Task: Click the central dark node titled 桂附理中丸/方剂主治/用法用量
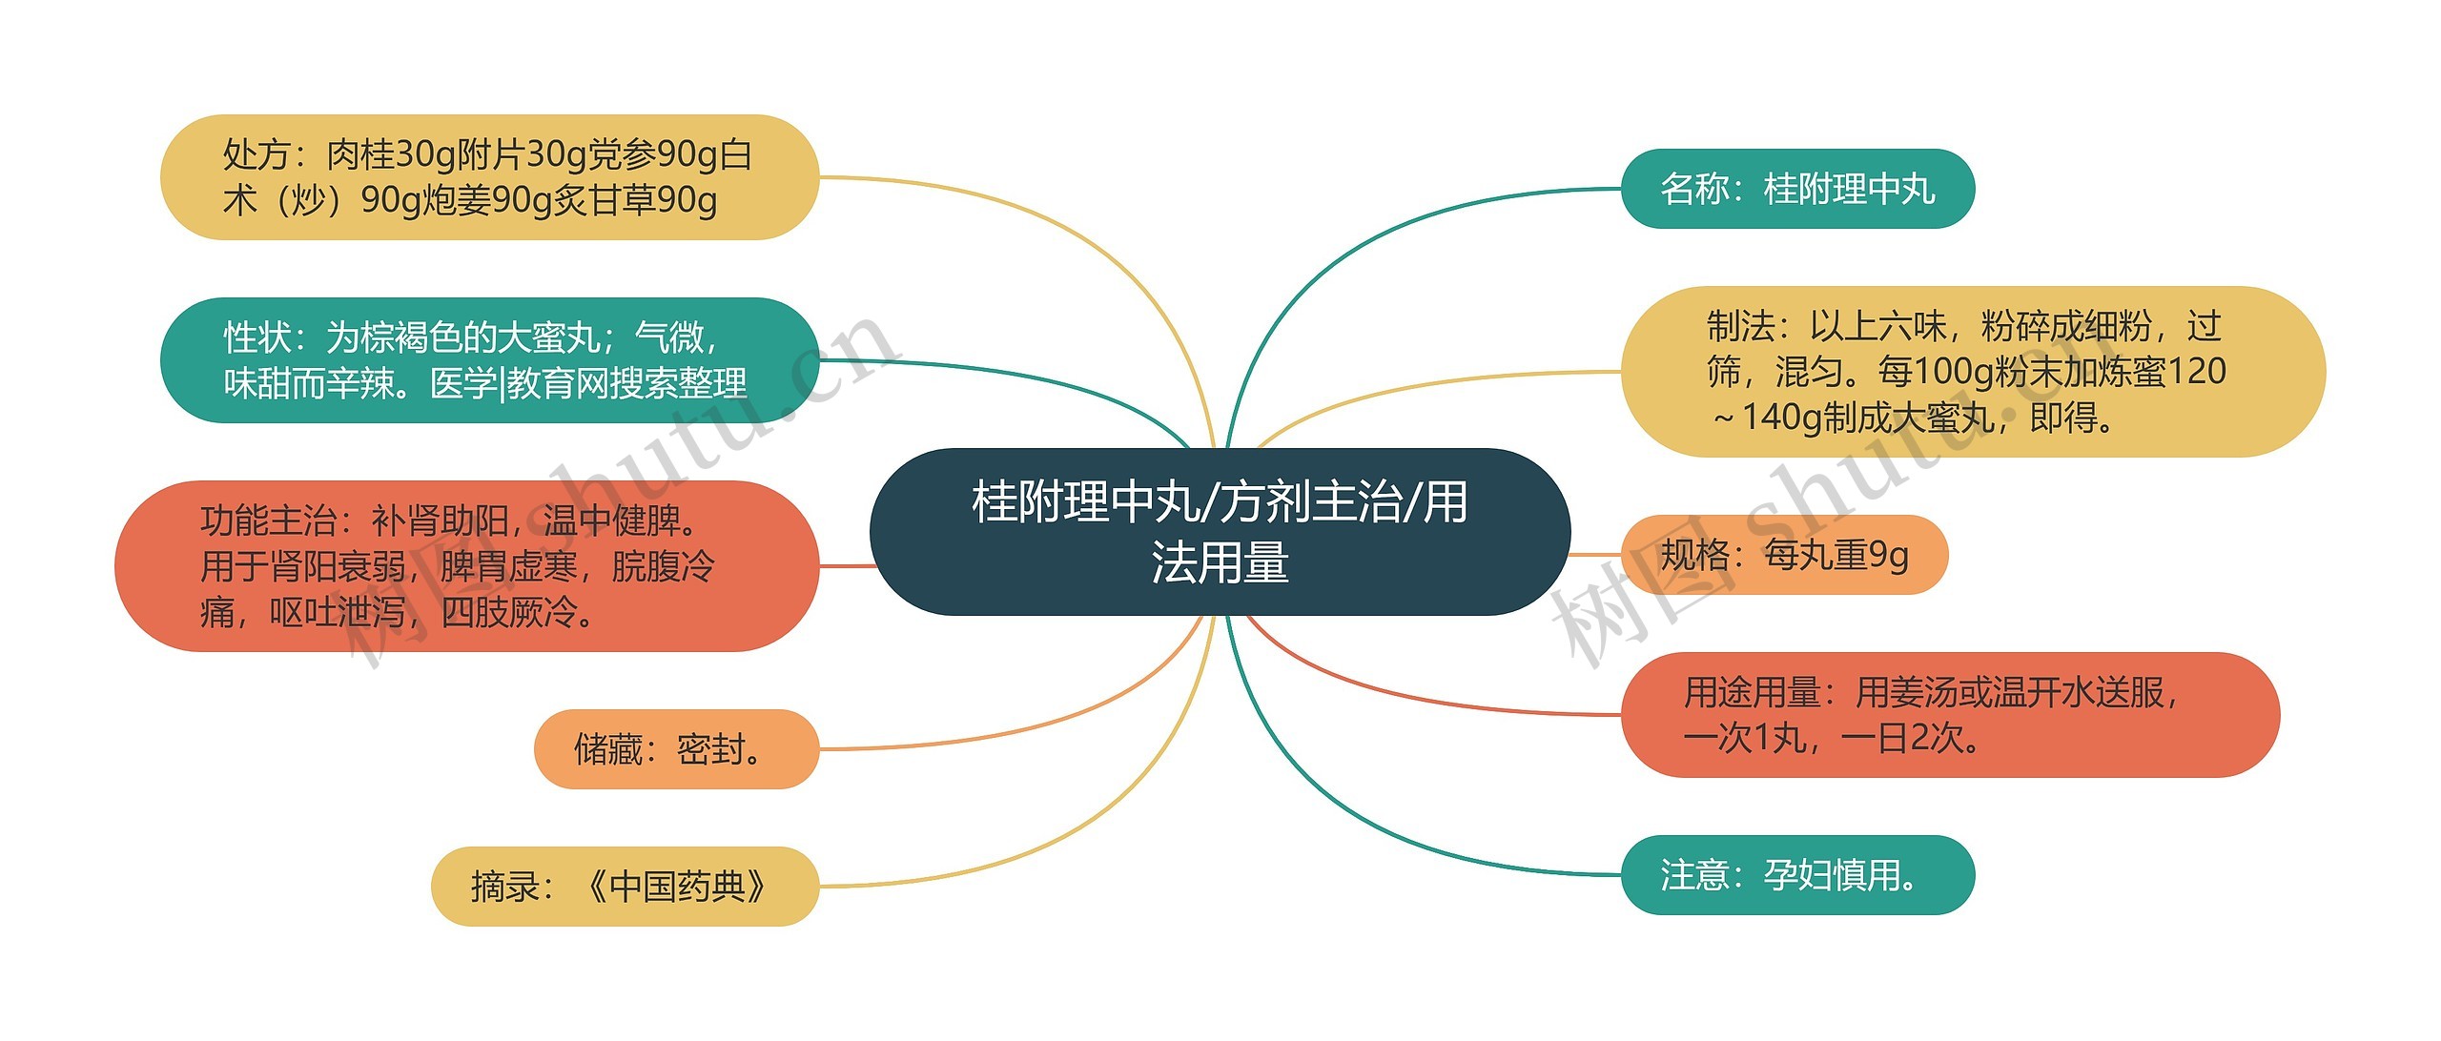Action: (1220, 531)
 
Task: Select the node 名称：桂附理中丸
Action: (1797, 189)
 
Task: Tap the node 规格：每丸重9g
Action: (1784, 555)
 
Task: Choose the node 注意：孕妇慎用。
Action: (1797, 875)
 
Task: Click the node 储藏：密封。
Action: (675, 749)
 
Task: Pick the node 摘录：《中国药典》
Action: (625, 887)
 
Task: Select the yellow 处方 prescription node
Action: (488, 177)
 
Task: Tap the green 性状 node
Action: (488, 360)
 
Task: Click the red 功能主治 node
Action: (466, 566)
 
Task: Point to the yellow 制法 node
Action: (1972, 372)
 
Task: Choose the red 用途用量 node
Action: (1949, 715)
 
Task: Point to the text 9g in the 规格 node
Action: (1888, 555)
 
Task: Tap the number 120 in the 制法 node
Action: (2197, 372)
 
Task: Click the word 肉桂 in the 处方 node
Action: (360, 154)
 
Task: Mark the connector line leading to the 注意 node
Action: (1383, 839)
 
